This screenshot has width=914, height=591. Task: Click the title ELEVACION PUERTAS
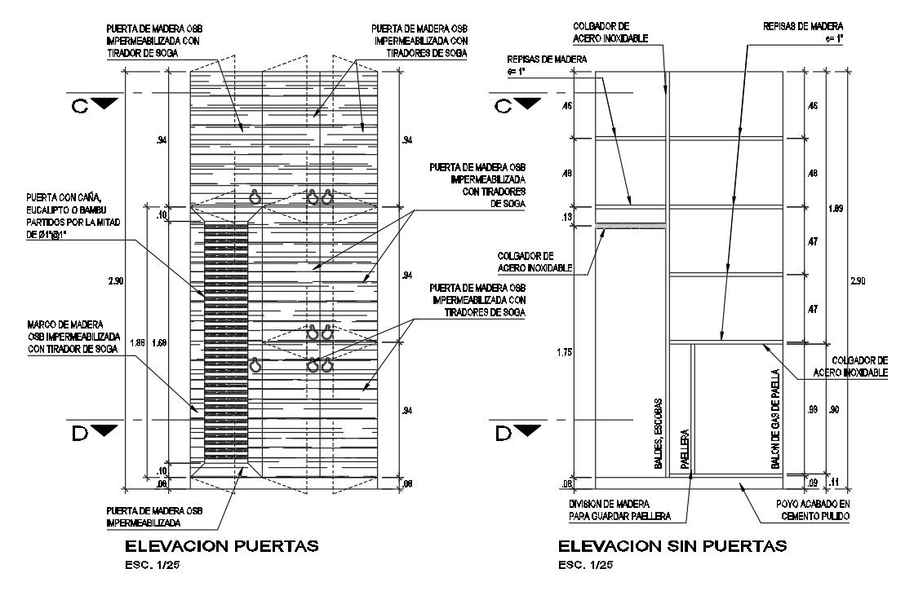tap(221, 545)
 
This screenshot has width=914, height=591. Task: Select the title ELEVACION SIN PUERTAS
tap(672, 545)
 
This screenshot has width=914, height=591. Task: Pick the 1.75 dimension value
tap(561, 351)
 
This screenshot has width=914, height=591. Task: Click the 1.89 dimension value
tap(835, 209)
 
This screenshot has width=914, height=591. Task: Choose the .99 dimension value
tap(812, 409)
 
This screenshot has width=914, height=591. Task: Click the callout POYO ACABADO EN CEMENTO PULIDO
tap(814, 510)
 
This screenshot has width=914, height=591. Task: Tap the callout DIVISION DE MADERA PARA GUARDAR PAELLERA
tap(619, 510)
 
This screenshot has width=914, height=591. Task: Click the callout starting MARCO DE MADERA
tap(73, 337)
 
